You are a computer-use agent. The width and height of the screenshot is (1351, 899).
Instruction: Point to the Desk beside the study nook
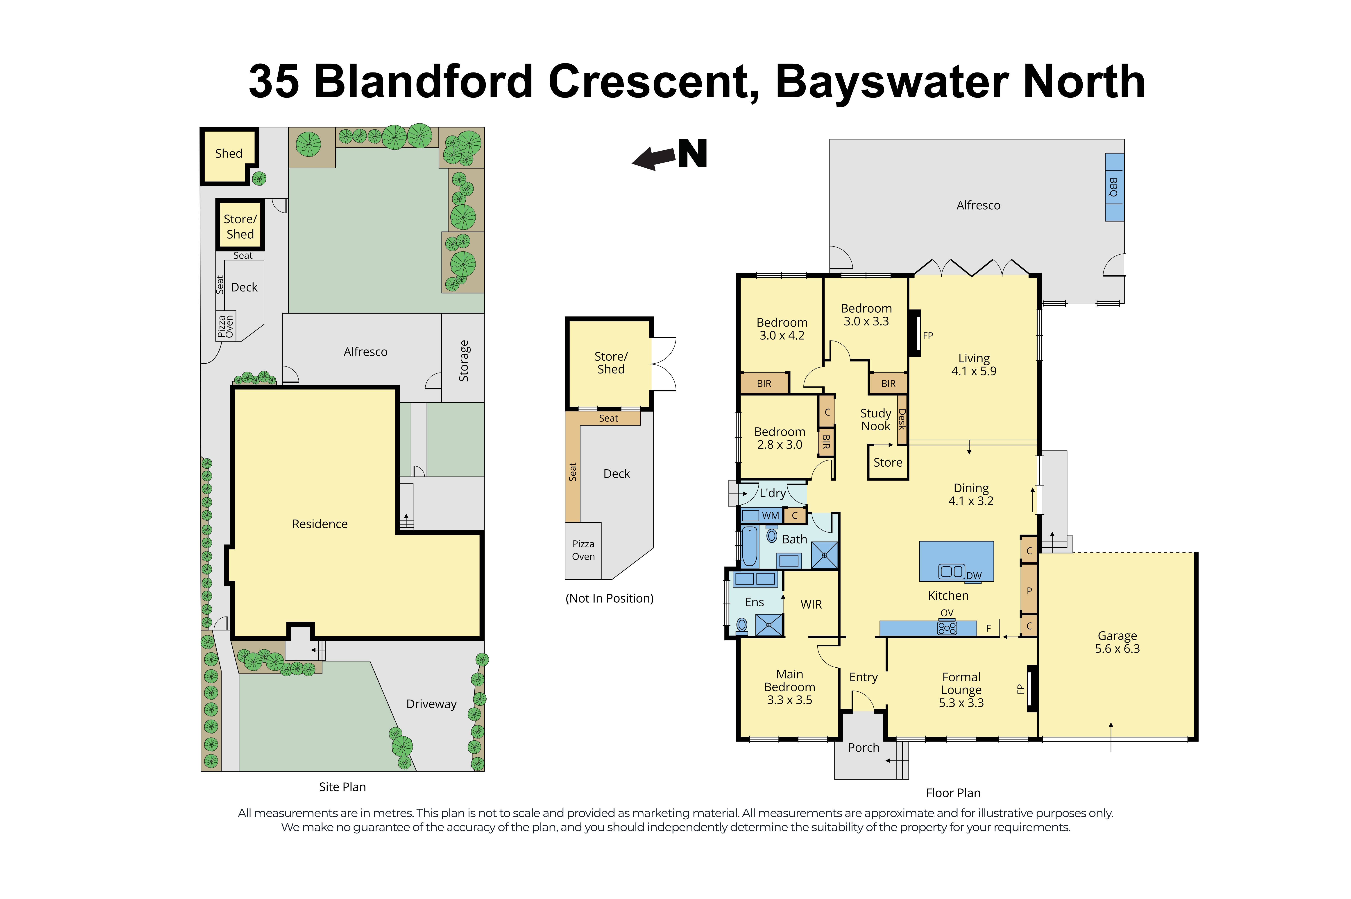click(901, 419)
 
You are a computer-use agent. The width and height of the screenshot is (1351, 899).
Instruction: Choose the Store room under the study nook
click(887, 462)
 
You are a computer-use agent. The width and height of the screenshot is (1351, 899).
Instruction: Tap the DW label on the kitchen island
click(973, 575)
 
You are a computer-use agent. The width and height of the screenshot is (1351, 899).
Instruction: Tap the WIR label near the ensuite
click(811, 604)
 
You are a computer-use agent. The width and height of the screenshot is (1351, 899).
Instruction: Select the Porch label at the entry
click(863, 747)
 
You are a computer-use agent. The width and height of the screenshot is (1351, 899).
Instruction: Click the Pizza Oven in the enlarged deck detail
click(583, 550)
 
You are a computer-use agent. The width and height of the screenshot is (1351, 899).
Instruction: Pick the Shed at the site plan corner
click(228, 154)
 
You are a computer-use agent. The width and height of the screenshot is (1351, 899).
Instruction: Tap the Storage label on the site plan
click(463, 361)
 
